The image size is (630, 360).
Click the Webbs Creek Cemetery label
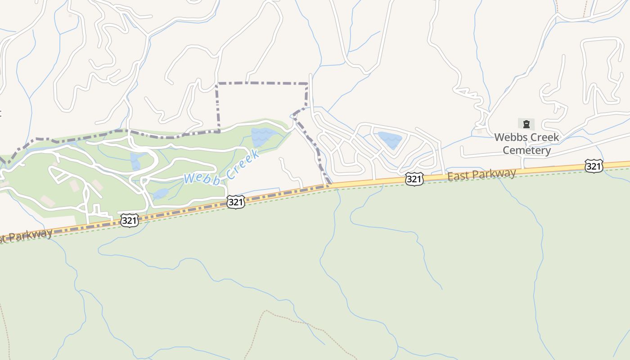coord(526,144)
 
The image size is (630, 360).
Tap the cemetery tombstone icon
coord(526,124)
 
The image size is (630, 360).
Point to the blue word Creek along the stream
coord(243,165)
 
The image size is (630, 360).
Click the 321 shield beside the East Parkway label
coord(414,179)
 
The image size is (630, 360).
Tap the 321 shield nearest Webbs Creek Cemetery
coord(594,166)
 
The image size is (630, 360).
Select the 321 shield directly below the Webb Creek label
coord(236,202)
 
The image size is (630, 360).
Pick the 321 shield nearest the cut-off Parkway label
coord(129,220)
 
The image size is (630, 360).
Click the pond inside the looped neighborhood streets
coord(390,139)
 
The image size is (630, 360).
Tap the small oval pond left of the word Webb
coord(160,194)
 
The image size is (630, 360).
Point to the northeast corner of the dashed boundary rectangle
coord(307,84)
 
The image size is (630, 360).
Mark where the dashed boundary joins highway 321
coord(330,184)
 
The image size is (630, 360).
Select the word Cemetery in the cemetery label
coord(526,150)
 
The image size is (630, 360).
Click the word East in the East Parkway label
coord(458,176)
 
